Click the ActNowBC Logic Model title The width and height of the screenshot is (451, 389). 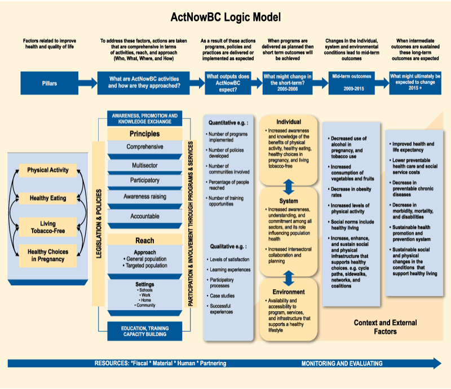225,17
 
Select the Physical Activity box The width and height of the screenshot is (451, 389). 48,170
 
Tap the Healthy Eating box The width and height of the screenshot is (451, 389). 48,198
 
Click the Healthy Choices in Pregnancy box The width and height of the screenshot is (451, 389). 48,255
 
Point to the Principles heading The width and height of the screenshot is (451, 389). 145,134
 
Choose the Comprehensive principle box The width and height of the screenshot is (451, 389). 145,147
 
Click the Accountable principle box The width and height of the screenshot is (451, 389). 145,216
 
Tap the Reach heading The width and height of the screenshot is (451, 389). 145,241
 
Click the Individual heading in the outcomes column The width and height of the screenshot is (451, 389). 289,122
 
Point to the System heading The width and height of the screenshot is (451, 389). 289,201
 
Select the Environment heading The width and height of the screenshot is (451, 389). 289,292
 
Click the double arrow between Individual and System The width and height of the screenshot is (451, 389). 289,186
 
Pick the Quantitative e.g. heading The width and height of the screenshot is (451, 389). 228,122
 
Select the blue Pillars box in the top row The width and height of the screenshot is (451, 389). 50,83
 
